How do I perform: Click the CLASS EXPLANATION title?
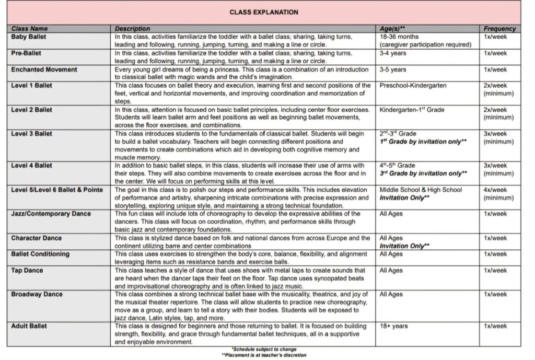[264, 12]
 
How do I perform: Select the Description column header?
[132, 29]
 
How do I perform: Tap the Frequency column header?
[499, 29]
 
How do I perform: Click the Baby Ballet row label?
[27, 37]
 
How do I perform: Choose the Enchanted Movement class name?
[44, 69]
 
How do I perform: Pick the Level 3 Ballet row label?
[32, 134]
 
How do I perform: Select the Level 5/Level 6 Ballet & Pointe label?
[57, 190]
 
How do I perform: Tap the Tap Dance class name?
[27, 271]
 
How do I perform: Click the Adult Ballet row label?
[29, 326]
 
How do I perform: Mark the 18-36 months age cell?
[399, 37]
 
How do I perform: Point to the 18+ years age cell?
[393, 326]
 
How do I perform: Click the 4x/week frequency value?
[495, 190]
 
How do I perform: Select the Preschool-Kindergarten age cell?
[413, 86]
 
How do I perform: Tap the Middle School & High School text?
[421, 190]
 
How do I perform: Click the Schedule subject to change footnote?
[264, 349]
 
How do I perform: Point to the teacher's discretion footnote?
[264, 355]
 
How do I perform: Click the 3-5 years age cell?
[393, 69]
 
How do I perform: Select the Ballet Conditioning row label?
[40, 254]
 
